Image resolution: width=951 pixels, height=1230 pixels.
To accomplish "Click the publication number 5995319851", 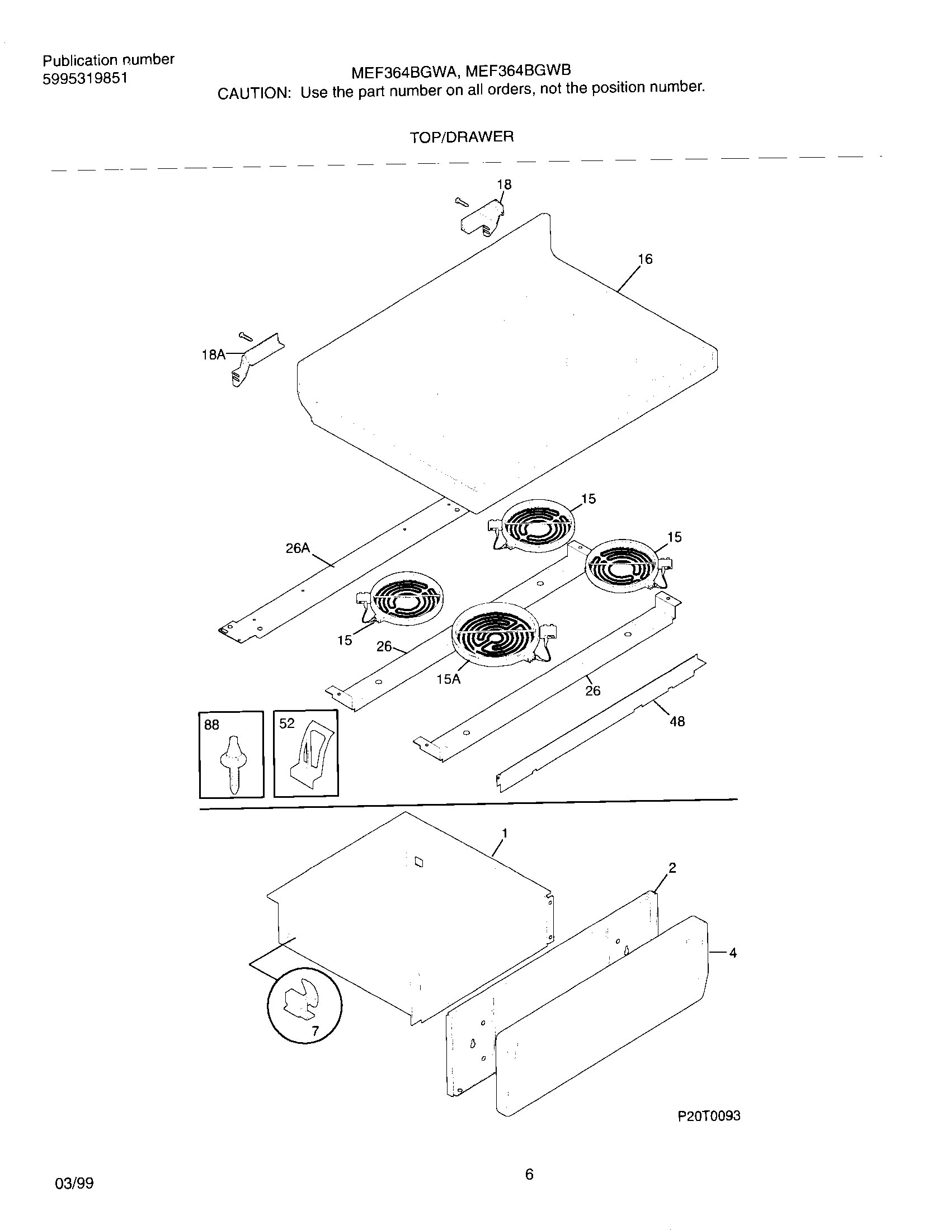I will pos(85,78).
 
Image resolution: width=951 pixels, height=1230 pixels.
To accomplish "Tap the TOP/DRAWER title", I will pos(462,137).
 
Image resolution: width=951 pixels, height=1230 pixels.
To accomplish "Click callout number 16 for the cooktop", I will pos(645,259).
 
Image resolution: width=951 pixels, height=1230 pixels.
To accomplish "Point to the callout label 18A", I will pos(213,355).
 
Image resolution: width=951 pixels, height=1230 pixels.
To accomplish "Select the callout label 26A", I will pos(298,548).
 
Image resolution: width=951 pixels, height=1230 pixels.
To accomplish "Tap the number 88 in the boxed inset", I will pos(212,725).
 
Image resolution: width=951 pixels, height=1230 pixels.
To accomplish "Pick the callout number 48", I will pos(677,721).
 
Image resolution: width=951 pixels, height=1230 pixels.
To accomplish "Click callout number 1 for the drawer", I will pos(505,833).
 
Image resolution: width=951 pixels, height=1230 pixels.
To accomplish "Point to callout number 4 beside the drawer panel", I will pos(732,953).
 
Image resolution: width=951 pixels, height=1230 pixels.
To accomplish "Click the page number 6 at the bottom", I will pos(529,1175).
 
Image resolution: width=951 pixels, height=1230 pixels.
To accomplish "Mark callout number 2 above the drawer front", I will pos(671,868).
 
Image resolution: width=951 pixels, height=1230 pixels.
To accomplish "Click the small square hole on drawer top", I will pos(418,862).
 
